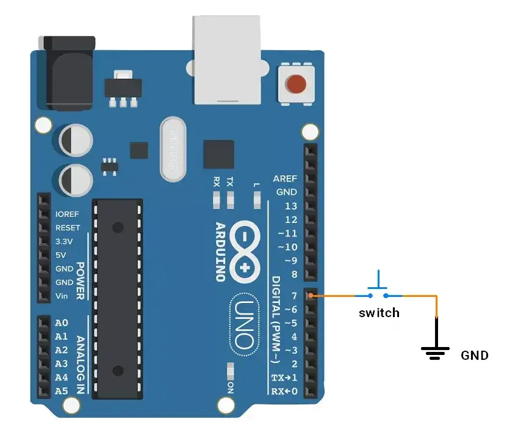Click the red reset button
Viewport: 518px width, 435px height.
(x=297, y=84)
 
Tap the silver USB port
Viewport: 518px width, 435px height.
(x=228, y=59)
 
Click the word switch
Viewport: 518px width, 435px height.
(x=379, y=313)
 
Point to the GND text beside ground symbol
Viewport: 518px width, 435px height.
(x=474, y=355)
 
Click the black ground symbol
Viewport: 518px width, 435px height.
(x=436, y=351)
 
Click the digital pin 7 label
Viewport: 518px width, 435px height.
(x=294, y=296)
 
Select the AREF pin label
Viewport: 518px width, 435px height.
(x=285, y=178)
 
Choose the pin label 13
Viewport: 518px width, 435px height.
(x=291, y=206)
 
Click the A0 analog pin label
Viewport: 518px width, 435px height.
(x=62, y=323)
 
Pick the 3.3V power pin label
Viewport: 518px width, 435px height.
(x=64, y=241)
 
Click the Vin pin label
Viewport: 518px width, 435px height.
(x=62, y=296)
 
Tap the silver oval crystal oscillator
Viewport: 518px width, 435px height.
(x=173, y=150)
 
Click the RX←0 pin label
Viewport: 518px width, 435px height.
(x=284, y=391)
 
